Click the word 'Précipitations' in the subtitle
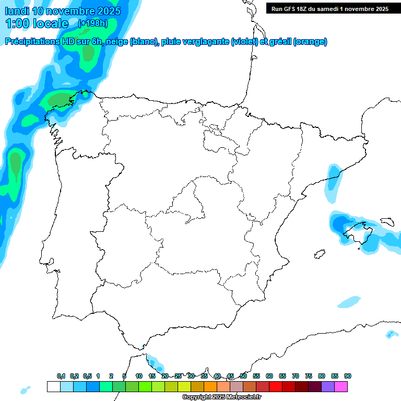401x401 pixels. [x=34, y=42]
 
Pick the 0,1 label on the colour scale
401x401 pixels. [x=61, y=376]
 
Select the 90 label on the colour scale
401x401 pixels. [x=348, y=376]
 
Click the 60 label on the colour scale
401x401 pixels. [x=269, y=376]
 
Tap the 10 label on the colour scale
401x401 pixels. [x=139, y=376]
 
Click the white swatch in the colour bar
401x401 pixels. [x=53, y=386]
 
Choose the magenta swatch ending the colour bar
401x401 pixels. [x=341, y=386]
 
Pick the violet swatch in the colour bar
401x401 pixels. [x=328, y=386]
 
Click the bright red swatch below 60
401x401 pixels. [x=276, y=386]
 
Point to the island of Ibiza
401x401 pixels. [x=318, y=255]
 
